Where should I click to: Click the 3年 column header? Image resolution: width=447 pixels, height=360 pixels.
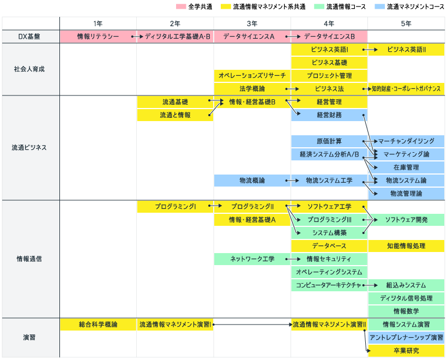click(252, 23)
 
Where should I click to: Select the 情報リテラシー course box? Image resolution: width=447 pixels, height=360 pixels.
click(98, 37)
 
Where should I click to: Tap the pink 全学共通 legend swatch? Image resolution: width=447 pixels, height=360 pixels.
click(181, 7)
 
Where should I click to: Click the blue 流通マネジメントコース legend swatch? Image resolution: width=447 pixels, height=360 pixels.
click(380, 7)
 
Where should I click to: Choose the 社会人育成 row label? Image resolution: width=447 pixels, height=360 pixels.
click(29, 69)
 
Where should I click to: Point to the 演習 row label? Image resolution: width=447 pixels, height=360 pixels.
click(29, 338)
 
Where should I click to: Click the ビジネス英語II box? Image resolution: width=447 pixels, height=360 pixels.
click(407, 50)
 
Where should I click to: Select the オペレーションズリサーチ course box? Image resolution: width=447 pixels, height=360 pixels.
click(252, 76)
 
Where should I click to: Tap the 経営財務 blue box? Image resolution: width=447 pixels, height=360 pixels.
click(329, 115)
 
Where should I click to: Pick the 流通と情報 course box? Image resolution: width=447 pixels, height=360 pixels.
click(175, 115)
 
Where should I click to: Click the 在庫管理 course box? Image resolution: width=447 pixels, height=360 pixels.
click(407, 167)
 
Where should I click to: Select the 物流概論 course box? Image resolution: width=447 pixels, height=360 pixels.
click(252, 181)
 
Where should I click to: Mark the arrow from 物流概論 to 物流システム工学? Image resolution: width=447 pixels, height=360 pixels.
click(293, 181)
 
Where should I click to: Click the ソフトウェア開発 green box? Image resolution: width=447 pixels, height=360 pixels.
click(407, 220)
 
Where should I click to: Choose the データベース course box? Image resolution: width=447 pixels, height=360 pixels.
click(329, 246)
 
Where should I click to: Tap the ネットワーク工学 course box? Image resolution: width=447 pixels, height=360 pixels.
click(252, 259)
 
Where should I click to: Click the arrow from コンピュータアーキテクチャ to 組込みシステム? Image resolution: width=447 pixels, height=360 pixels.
click(370, 285)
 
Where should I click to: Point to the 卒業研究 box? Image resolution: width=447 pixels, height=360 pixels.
click(407, 351)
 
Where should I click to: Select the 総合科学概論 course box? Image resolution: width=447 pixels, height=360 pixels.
click(98, 325)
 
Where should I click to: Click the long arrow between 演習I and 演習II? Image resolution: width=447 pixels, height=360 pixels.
click(252, 325)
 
